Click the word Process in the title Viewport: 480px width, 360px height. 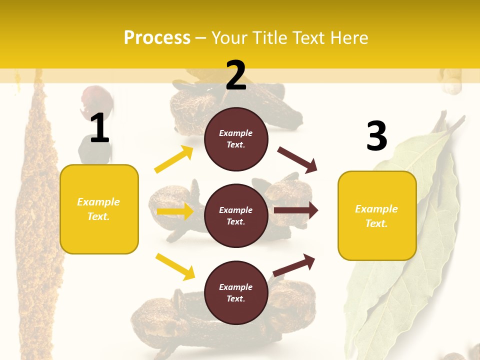point(157,37)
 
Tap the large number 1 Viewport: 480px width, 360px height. point(99,128)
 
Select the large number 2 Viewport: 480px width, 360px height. point(236,75)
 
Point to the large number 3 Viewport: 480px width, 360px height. point(376,136)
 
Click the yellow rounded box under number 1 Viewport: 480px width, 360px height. point(99,209)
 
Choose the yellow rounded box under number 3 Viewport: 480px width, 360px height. point(377,216)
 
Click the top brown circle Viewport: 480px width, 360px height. point(236,139)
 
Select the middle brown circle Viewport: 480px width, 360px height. point(236,215)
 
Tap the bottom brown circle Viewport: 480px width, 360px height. point(236,292)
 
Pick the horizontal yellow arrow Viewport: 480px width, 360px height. point(175,211)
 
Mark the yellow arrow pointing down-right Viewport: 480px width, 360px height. point(175,266)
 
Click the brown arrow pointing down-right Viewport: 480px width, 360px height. point(297,159)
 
